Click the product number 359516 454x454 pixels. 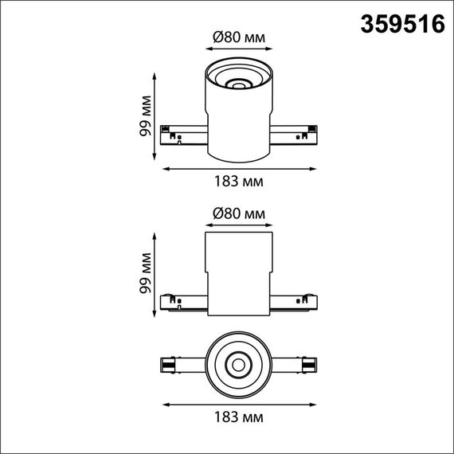tap(403, 25)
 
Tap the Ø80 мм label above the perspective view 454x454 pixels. tap(239, 38)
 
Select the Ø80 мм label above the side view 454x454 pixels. tap(239, 213)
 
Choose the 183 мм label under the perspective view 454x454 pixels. tap(239, 181)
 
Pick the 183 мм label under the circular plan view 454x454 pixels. tap(239, 417)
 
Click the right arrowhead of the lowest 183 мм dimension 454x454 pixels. tap(312, 403)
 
